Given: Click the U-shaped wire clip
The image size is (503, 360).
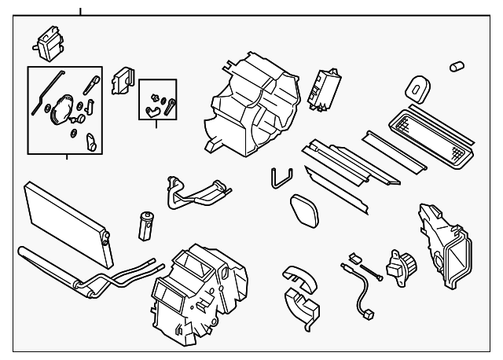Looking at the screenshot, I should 280,178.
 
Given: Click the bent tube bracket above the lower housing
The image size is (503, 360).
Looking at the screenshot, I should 196,193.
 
